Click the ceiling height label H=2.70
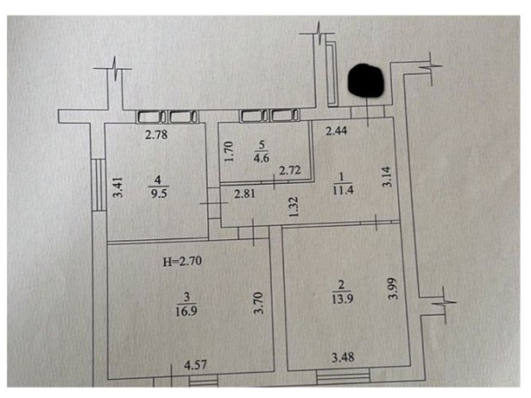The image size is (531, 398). click(182, 261)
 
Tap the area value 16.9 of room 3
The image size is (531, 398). click(187, 311)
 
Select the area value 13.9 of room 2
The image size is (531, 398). click(342, 298)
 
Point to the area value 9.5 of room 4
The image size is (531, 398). click(159, 194)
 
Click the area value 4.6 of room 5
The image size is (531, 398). click(261, 158)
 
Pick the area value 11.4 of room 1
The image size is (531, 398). click(343, 189)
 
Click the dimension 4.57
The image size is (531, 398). click(196, 365)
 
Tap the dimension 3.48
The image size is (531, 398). click(343, 357)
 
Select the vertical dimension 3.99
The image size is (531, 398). click(393, 289)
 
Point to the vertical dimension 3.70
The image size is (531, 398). click(258, 303)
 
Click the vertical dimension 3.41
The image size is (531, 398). click(118, 186)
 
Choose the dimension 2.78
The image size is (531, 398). click(156, 134)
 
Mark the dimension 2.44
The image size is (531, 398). click(336, 131)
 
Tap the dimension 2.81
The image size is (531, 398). click(245, 194)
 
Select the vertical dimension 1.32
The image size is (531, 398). click(293, 207)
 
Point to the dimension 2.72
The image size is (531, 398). click(290, 170)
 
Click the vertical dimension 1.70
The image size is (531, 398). click(229, 151)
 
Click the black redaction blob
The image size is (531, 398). click(366, 81)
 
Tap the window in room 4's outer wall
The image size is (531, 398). click(100, 185)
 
